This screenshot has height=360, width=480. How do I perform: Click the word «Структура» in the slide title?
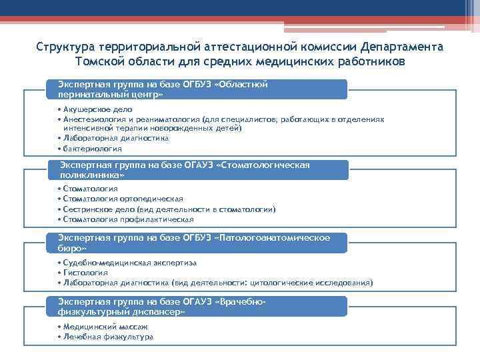pos(65,49)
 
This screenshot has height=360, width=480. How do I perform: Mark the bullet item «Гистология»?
pos(85,273)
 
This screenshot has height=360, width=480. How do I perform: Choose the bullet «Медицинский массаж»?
pos(105,327)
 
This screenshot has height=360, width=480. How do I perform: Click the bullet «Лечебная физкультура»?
pos(108,337)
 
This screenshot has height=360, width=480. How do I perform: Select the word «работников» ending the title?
pos(371,62)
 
